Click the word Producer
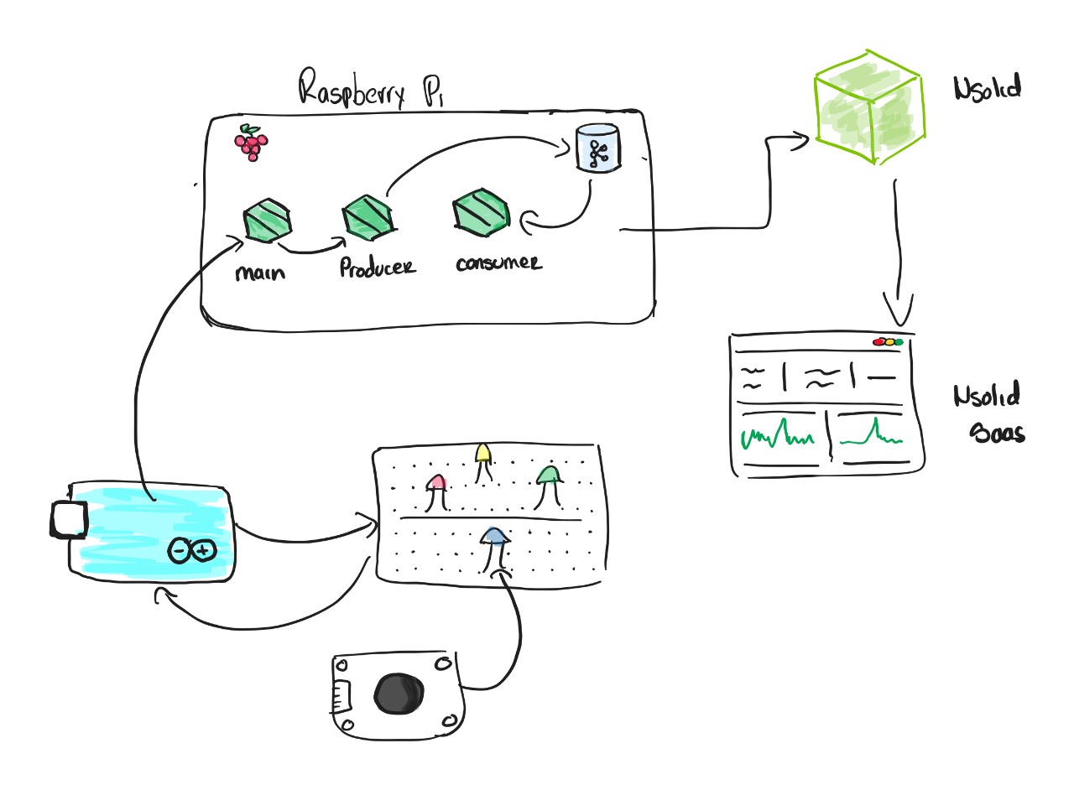tap(378, 267)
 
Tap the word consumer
tap(498, 262)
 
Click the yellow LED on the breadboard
tap(482, 454)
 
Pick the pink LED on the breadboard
tap(436, 484)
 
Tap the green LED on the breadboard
tap(549, 476)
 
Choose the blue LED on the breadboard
tap(495, 536)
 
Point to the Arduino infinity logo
tap(192, 550)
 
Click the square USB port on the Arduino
tap(68, 520)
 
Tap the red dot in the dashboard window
tap(878, 342)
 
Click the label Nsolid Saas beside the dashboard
tap(990, 413)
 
